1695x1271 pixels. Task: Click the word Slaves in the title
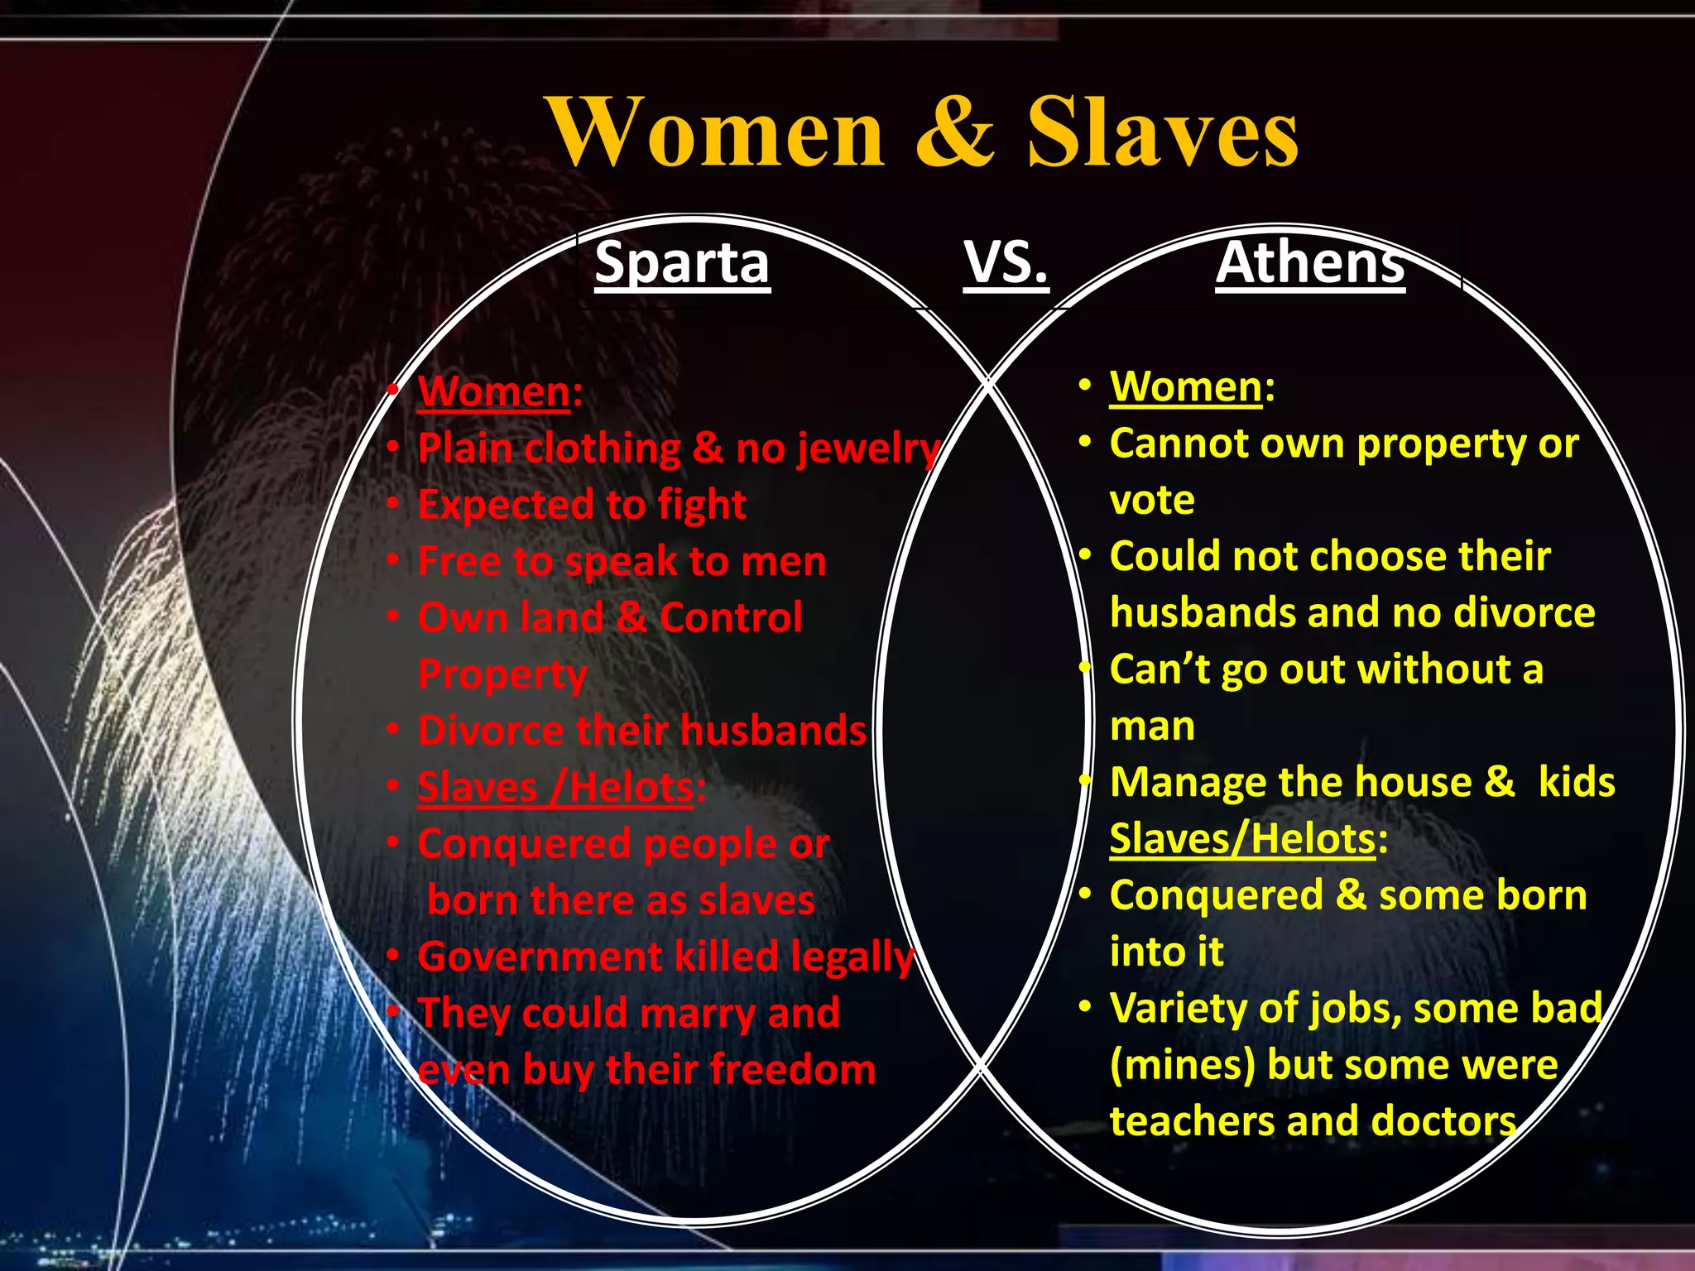pos(1162,132)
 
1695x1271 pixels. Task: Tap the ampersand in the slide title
pos(954,132)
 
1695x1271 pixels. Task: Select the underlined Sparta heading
pos(682,262)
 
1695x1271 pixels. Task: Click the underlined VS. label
pos(1006,262)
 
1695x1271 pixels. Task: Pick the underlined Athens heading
pos(1310,262)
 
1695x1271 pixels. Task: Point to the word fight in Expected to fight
pos(701,505)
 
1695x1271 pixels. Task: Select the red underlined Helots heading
pos(631,787)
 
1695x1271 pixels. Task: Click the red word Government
pos(540,957)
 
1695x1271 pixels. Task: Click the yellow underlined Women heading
pos(1186,386)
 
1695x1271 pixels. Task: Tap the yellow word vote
pos(1152,500)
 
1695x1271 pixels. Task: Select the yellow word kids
pos(1576,782)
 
